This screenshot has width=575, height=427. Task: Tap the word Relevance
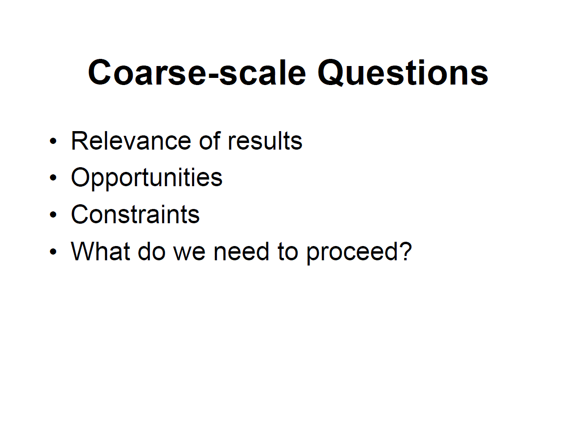122,141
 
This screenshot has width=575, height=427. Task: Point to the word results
265,141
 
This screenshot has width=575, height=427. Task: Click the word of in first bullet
208,141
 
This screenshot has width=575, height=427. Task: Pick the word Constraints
135,214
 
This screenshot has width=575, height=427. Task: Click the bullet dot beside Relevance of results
53,142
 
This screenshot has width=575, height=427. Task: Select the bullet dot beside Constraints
53,215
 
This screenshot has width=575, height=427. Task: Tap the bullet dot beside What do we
53,251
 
